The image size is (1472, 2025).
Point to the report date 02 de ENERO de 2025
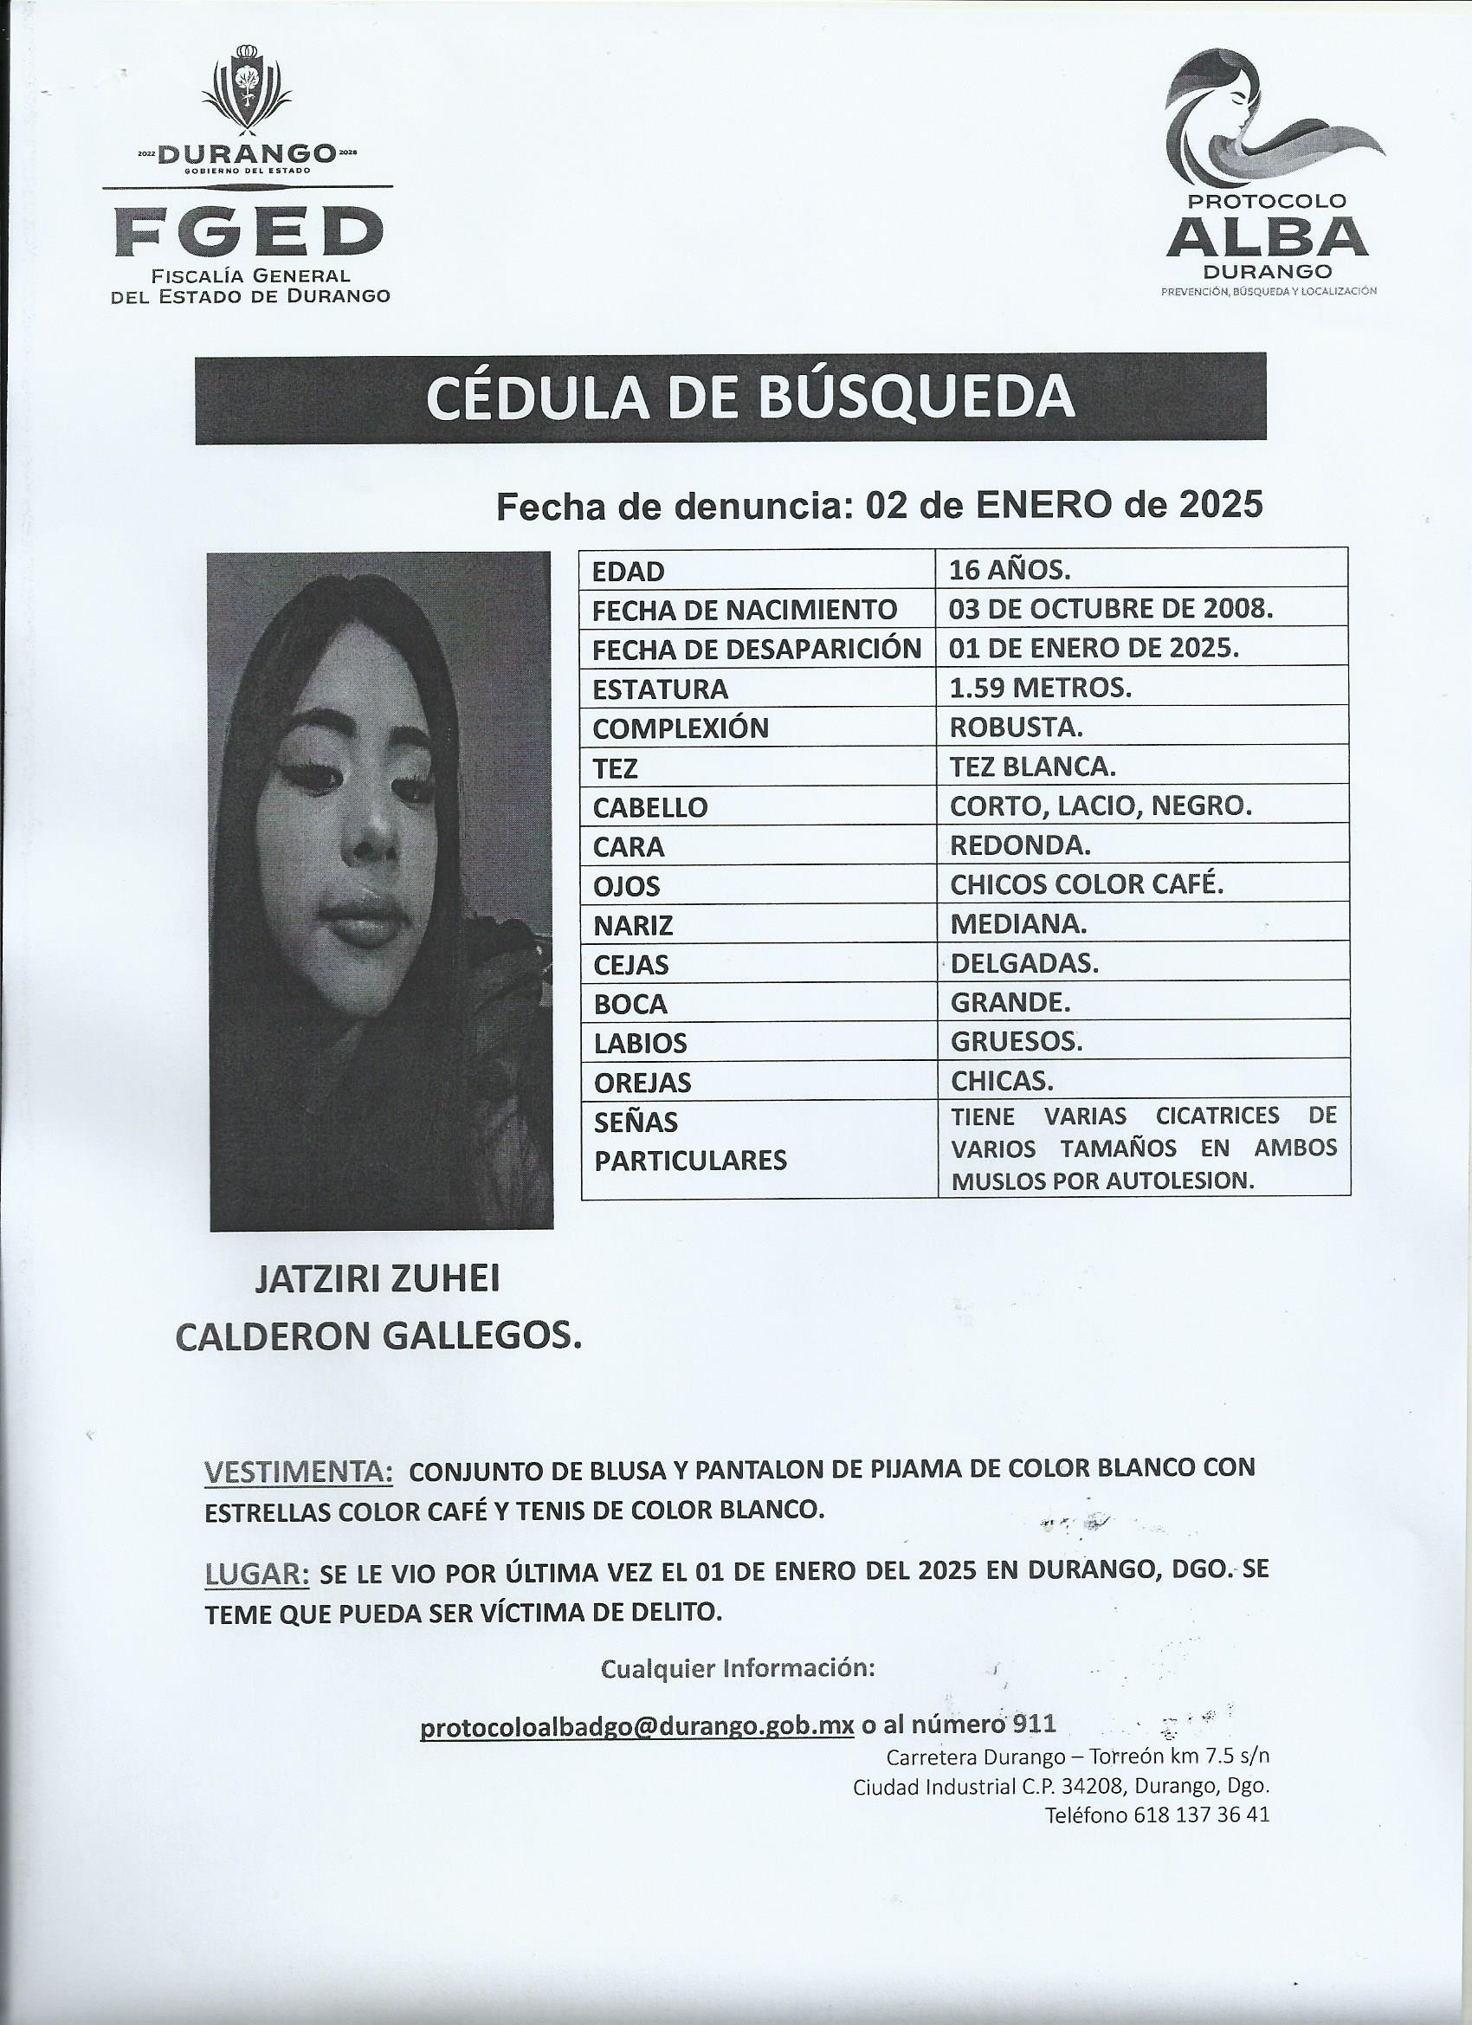[x=1053, y=506]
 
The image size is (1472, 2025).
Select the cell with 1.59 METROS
[x=1041, y=689]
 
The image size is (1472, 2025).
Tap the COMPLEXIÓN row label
[x=681, y=728]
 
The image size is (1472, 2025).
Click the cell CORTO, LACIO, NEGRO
[x=1101, y=805]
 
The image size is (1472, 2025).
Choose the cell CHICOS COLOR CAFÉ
[x=1086, y=884]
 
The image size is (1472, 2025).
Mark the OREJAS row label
[x=642, y=1082]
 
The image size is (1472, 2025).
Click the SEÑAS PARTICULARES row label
[x=690, y=1140]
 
